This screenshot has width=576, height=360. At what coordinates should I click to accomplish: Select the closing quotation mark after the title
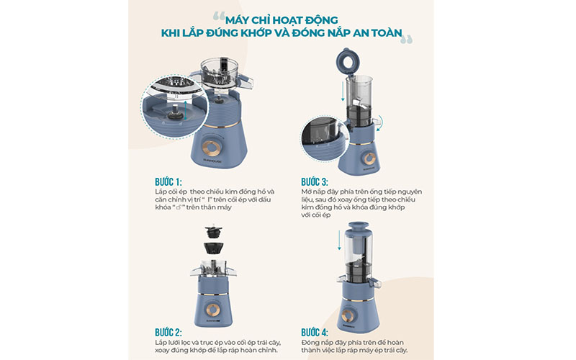(408, 40)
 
